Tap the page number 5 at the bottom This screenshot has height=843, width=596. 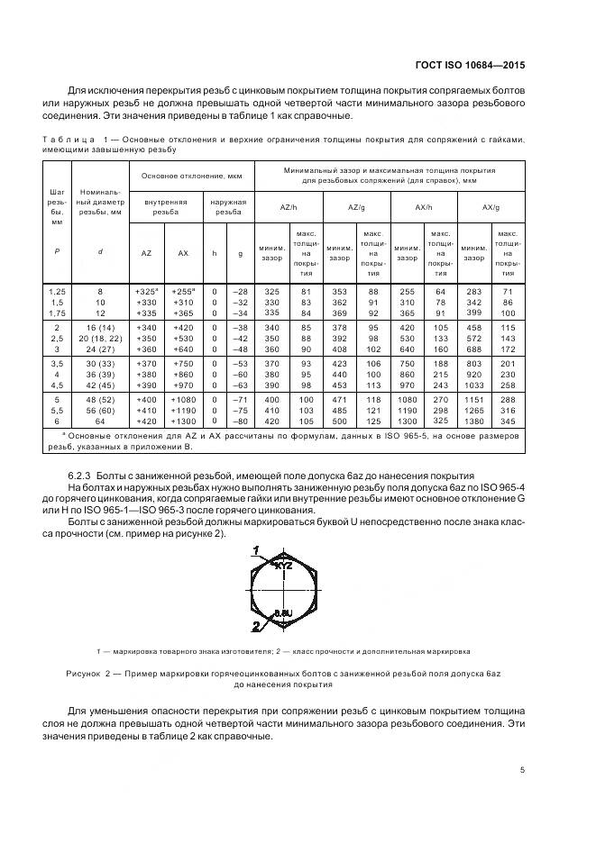pyautogui.click(x=523, y=769)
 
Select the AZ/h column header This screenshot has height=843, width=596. pyautogui.click(x=289, y=206)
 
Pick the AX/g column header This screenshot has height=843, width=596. pyautogui.click(x=491, y=206)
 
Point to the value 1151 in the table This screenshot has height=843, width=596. pyautogui.click(x=474, y=398)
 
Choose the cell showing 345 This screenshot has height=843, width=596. pyautogui.click(x=509, y=420)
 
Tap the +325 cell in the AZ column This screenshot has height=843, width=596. pyautogui.click(x=146, y=291)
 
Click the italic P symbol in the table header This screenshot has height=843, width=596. pyautogui.click(x=57, y=252)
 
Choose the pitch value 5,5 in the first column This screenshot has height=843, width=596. pyautogui.click(x=57, y=409)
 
